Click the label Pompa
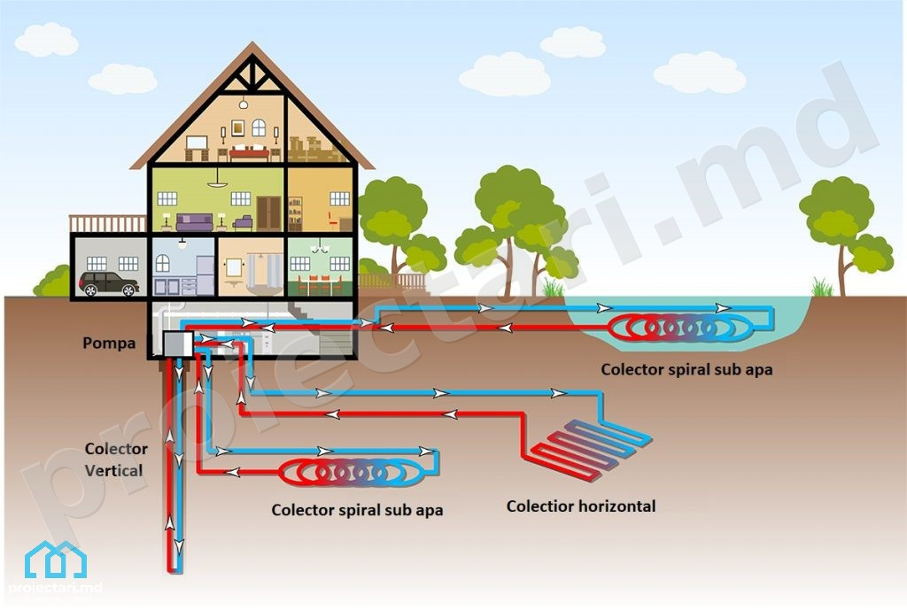[109, 344]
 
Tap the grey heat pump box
[177, 345]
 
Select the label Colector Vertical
[116, 459]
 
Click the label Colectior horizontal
[581, 506]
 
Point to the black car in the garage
[109, 283]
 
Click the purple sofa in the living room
[194, 222]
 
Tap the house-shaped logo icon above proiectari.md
[56, 560]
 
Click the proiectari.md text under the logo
[56, 588]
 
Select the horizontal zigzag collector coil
[591, 446]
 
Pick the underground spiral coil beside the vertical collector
[351, 473]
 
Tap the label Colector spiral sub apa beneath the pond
[686, 369]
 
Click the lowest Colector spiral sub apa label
[357, 510]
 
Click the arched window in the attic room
[259, 127]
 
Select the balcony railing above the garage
[107, 224]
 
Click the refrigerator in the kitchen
[205, 275]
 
